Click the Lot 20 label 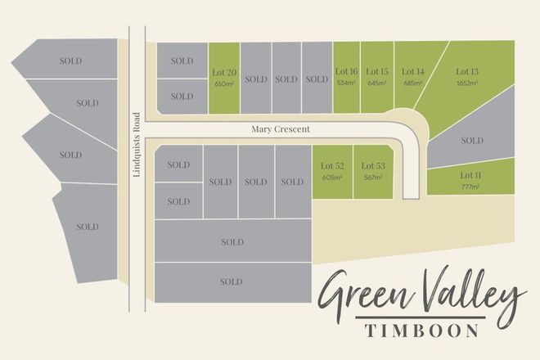(x=224, y=72)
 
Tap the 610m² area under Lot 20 (x=224, y=83)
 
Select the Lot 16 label (x=344, y=72)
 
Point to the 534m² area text (x=344, y=83)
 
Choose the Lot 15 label (x=377, y=72)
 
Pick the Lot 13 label (x=469, y=72)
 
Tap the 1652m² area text (x=469, y=83)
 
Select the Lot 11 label (x=470, y=176)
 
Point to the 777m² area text (x=470, y=187)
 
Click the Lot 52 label (x=332, y=166)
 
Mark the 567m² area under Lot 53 (x=373, y=178)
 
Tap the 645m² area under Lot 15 (x=377, y=83)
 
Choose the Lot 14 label (x=413, y=72)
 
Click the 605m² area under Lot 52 (x=332, y=178)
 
